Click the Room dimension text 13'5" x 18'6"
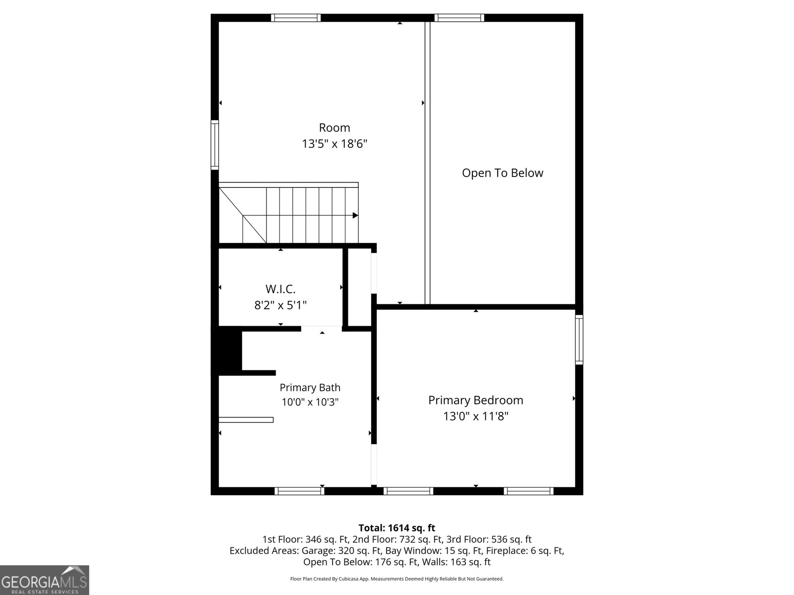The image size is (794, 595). [334, 144]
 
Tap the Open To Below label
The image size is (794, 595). [502, 173]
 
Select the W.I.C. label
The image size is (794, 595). [280, 289]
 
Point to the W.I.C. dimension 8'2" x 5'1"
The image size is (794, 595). [280, 305]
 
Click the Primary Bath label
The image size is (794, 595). [310, 388]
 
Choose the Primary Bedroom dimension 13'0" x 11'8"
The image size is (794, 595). [476, 416]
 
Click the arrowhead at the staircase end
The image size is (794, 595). [355, 215]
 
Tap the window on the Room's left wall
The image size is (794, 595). [215, 145]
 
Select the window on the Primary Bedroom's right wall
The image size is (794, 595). [579, 340]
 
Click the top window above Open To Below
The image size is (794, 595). [459, 18]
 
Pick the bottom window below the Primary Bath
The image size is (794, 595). [299, 491]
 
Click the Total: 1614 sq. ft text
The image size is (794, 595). [397, 528]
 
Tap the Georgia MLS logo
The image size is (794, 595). [45, 580]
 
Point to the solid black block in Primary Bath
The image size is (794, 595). [227, 351]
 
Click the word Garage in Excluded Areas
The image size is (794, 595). [317, 550]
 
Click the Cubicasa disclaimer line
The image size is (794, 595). [397, 579]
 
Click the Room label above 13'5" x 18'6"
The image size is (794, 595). [334, 127]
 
